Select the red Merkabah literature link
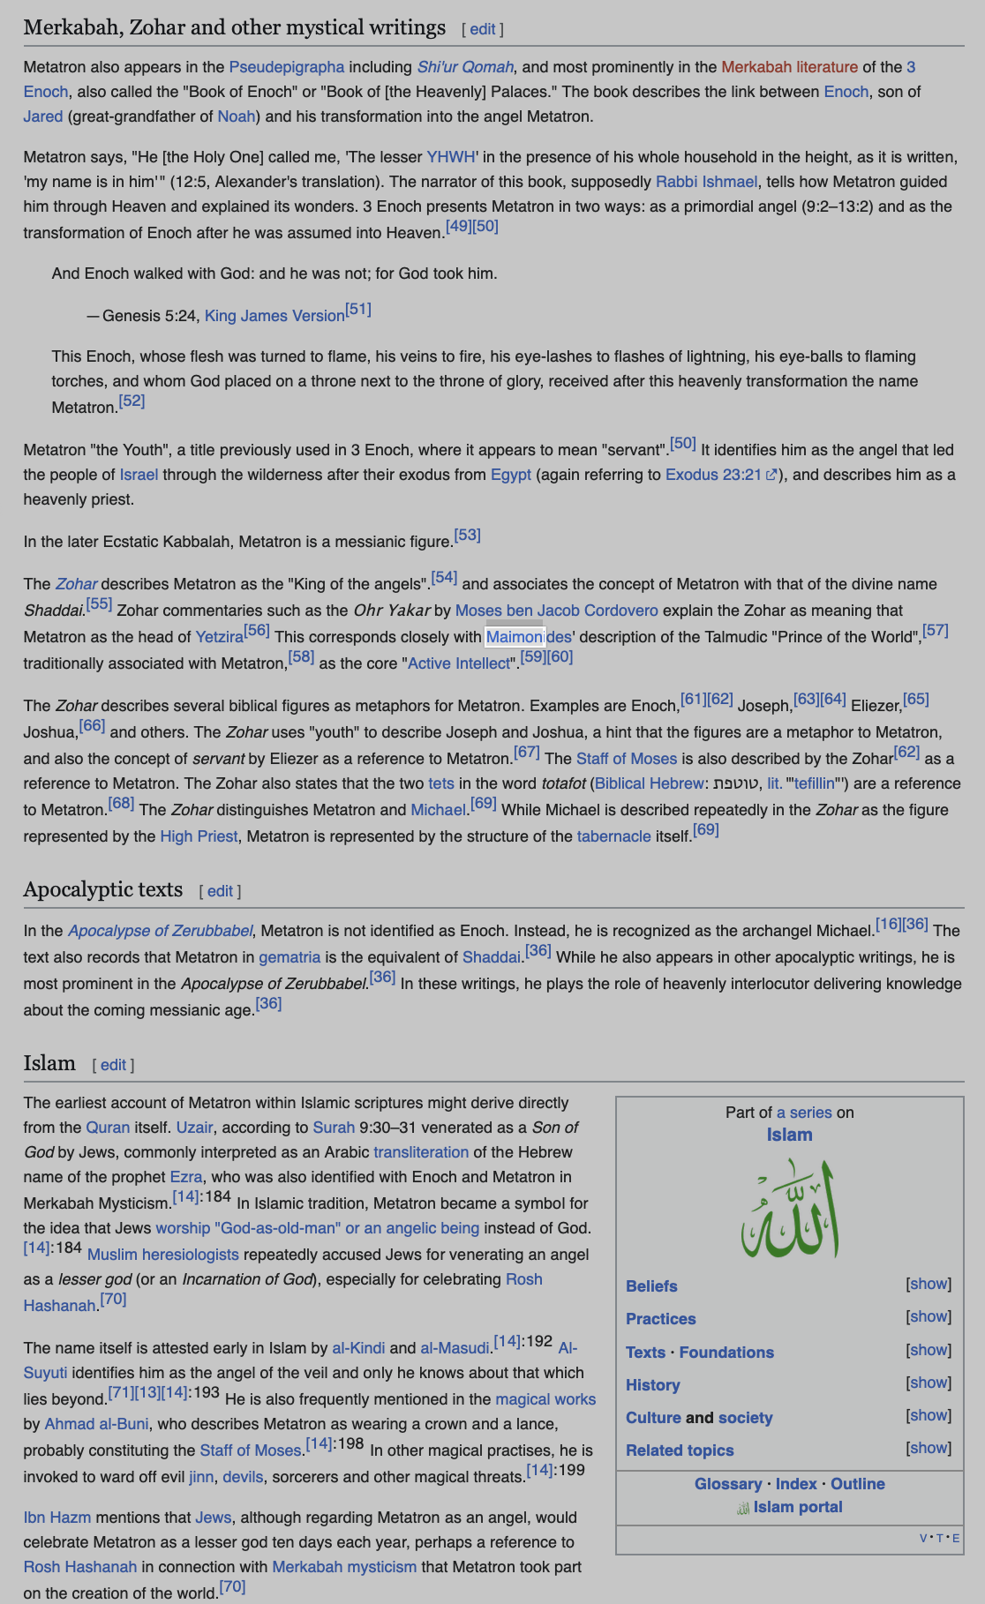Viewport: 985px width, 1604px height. click(789, 67)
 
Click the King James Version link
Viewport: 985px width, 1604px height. click(274, 316)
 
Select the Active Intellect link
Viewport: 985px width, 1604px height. click(458, 663)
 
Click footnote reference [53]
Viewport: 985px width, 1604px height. click(467, 536)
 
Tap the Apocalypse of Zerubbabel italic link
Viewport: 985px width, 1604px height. click(161, 931)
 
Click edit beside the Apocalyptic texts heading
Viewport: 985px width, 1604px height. click(220, 891)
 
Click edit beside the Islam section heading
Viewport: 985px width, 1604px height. click(113, 1065)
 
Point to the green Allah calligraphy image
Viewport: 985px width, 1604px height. click(789, 1208)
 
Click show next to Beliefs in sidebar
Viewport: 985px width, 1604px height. click(929, 1284)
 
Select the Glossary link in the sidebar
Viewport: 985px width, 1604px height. click(727, 1484)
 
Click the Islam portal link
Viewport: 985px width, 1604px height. click(797, 1507)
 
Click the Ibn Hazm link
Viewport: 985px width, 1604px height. click(57, 1518)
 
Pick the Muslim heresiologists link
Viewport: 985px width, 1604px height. click(163, 1255)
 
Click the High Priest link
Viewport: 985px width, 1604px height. click(199, 836)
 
